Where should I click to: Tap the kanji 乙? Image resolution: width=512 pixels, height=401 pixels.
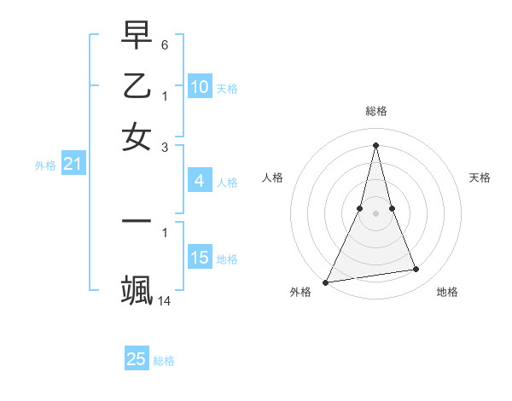(137, 86)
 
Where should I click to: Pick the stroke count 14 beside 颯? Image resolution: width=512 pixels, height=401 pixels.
(165, 301)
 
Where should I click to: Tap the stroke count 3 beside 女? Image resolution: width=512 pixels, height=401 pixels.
(165, 148)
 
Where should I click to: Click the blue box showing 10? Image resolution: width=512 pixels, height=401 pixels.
(200, 87)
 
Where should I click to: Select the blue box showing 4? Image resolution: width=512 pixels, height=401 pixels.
(200, 181)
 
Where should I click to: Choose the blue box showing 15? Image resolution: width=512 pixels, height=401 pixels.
(200, 258)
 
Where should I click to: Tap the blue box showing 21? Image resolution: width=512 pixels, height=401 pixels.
(73, 165)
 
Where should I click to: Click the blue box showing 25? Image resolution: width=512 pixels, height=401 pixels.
(137, 359)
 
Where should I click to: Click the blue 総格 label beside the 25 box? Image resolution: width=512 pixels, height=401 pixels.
(165, 361)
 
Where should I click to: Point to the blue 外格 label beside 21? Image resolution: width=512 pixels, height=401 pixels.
(45, 166)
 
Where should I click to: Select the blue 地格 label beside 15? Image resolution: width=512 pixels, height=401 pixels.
(227, 259)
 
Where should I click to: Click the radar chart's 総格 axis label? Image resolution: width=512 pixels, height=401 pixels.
(376, 111)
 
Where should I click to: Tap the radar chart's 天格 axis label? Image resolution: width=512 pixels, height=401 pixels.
(480, 177)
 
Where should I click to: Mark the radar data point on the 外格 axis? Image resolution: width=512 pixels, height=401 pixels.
(326, 282)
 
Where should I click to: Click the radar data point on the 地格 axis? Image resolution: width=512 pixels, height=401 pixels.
(416, 270)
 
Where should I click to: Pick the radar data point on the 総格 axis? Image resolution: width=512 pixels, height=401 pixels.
(376, 145)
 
